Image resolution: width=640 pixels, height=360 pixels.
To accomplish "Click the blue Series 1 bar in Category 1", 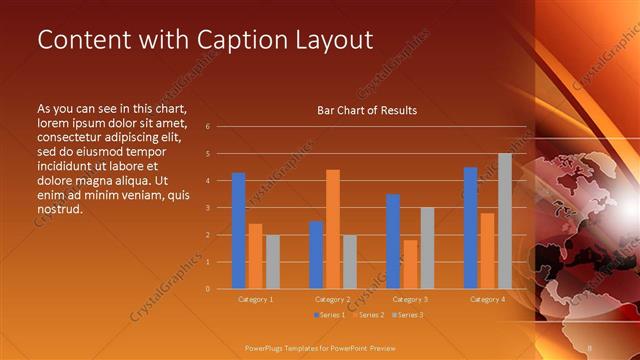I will pyautogui.click(x=238, y=231).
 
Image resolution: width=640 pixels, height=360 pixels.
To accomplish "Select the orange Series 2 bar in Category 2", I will pyautogui.click(x=333, y=229).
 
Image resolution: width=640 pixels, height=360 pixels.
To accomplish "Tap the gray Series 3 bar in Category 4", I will pyautogui.click(x=505, y=221).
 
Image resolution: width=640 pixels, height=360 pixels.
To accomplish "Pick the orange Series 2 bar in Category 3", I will pyautogui.click(x=410, y=264).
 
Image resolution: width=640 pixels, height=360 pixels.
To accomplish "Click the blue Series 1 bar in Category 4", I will pyautogui.click(x=471, y=228).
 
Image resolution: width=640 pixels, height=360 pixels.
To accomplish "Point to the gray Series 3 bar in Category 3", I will pyautogui.click(x=427, y=248).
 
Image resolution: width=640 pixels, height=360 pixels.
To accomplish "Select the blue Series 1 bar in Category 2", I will pyautogui.click(x=316, y=255).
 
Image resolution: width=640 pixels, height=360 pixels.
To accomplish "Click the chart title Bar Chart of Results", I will pyautogui.click(x=367, y=110).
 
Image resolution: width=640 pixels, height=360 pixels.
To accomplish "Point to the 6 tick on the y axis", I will pyautogui.click(x=207, y=127).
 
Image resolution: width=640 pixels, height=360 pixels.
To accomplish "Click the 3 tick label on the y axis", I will pyautogui.click(x=207, y=208).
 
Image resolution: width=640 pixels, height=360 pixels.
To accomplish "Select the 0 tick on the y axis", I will pyautogui.click(x=207, y=289).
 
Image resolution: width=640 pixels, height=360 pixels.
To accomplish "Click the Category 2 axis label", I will pyautogui.click(x=333, y=299).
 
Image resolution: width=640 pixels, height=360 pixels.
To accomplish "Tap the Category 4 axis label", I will pyautogui.click(x=488, y=299).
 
